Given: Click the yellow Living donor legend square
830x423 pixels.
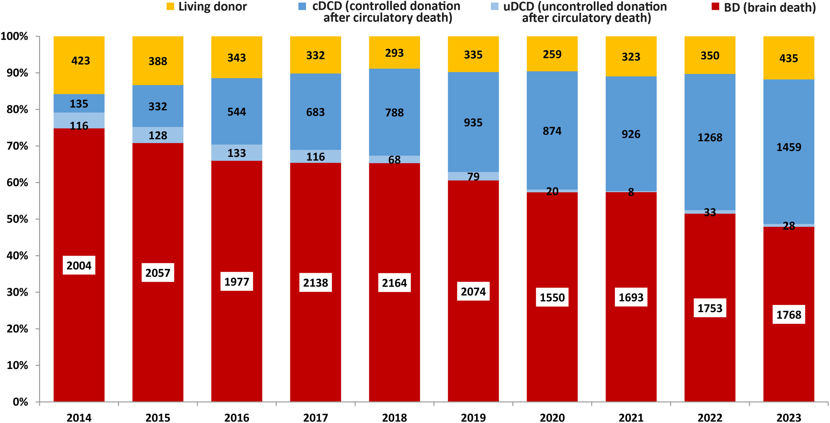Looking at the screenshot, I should (170, 6).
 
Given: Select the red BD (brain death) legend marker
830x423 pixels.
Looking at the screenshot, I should (715, 6).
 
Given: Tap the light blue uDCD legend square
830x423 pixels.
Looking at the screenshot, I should (494, 6).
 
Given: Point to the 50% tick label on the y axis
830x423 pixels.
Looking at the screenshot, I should (17, 219).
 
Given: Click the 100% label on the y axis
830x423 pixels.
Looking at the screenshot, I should (14, 36).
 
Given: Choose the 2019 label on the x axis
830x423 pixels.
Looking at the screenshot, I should (473, 417).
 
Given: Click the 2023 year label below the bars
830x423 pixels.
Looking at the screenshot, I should (788, 417).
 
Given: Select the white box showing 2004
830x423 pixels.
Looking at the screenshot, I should (79, 265).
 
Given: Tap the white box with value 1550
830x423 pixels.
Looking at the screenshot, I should (552, 297).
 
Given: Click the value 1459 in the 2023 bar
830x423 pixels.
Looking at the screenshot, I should (788, 147).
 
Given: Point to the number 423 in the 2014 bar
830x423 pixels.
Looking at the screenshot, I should (81, 61).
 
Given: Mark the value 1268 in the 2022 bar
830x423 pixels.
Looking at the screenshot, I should (710, 138).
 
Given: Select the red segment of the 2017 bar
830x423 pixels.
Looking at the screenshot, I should (315, 226).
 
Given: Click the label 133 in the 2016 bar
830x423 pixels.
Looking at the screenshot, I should (237, 153).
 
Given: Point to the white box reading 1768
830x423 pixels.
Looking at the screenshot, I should (788, 314).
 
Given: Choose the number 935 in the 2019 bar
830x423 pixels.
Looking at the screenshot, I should (473, 122).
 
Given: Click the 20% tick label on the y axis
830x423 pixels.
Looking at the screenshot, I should (17, 329).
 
